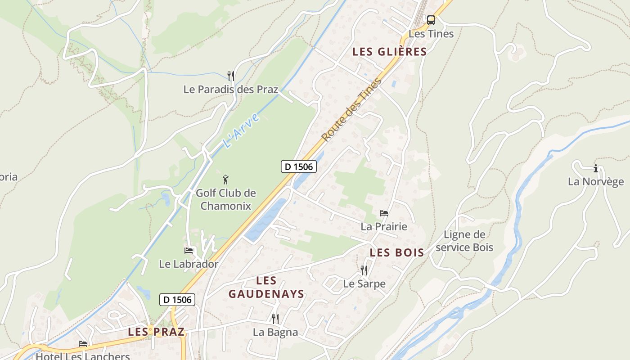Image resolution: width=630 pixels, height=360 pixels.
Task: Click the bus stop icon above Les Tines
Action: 431,20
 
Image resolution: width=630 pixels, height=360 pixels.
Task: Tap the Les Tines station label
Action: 431,34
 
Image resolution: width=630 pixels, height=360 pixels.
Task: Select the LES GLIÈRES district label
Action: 389,52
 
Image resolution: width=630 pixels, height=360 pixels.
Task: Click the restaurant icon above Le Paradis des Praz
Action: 230,76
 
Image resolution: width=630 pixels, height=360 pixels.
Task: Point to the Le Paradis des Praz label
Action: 230,89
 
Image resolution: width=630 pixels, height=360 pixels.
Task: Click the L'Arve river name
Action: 242,130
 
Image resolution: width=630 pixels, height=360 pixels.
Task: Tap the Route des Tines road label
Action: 352,110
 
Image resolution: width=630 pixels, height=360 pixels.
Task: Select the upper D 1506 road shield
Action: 299,166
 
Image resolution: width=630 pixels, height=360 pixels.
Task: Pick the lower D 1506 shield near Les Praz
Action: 177,300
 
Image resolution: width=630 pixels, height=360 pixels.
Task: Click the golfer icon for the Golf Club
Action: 225,180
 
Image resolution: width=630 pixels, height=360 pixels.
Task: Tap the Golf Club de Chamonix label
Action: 225,199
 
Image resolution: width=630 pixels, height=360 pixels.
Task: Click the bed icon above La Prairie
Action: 383,213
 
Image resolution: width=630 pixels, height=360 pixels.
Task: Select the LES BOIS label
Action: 397,253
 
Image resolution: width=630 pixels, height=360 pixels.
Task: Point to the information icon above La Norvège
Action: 596,169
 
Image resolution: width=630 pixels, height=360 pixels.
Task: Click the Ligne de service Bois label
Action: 464,241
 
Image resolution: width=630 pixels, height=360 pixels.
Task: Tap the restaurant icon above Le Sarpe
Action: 364,270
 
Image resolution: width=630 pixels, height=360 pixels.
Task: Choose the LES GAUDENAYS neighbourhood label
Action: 266,288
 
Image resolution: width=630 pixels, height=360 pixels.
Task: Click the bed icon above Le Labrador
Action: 189,251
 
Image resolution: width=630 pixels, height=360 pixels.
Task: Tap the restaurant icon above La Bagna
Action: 275,319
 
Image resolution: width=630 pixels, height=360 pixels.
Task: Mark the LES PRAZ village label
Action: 156,332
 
